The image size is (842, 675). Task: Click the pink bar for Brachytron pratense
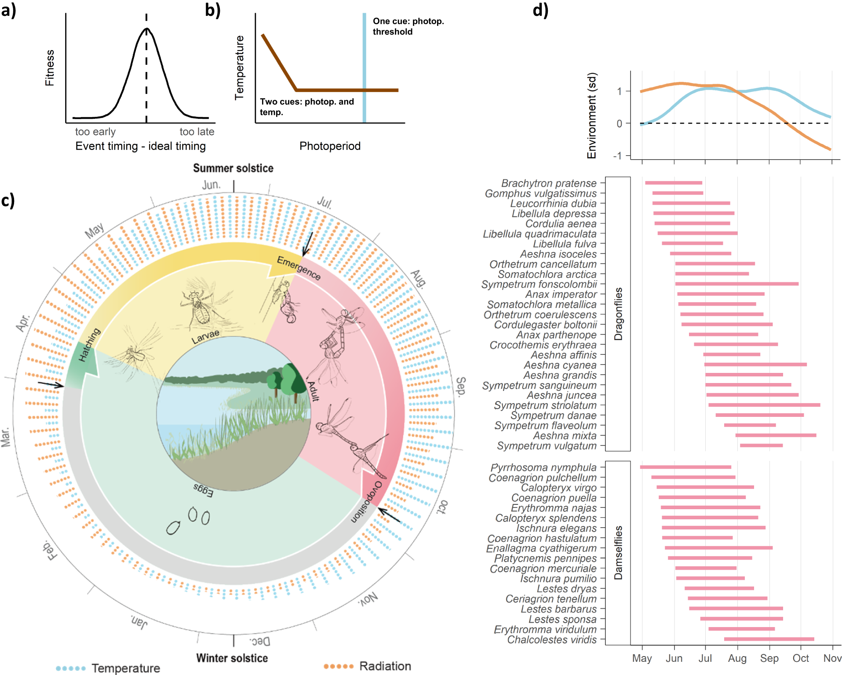click(x=673, y=183)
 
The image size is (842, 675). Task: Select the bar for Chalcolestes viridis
click(x=769, y=639)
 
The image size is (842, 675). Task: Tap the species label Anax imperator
click(x=561, y=294)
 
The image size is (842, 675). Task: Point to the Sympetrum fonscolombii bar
click(x=736, y=284)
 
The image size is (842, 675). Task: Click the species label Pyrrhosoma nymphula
click(x=543, y=467)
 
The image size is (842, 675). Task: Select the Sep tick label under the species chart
click(x=769, y=658)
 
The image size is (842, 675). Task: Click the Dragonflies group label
click(x=618, y=314)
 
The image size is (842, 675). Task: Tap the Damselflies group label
click(x=618, y=553)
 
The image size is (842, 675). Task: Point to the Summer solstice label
click(x=233, y=168)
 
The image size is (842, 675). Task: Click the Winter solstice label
click(x=232, y=658)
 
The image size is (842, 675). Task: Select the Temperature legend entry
click(x=126, y=668)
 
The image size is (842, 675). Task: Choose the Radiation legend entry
click(x=385, y=666)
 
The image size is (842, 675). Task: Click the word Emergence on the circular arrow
click(x=299, y=268)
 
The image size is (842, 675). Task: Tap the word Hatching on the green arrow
click(x=89, y=345)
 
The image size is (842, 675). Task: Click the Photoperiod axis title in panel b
click(x=330, y=146)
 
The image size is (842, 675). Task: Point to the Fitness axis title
click(x=50, y=68)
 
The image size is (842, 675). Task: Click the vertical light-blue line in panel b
click(x=364, y=66)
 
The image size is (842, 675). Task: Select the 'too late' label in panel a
click(x=197, y=131)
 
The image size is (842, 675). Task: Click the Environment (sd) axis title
click(x=592, y=115)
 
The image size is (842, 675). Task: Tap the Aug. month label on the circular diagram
click(x=418, y=279)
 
